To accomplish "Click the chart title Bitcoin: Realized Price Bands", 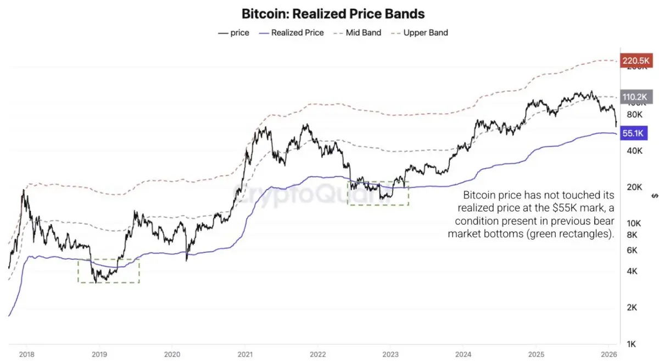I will (333, 13).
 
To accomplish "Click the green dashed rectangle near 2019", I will (109, 270).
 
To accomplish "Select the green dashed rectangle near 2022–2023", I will (378, 193).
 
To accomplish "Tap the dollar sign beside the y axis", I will (654, 195).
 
